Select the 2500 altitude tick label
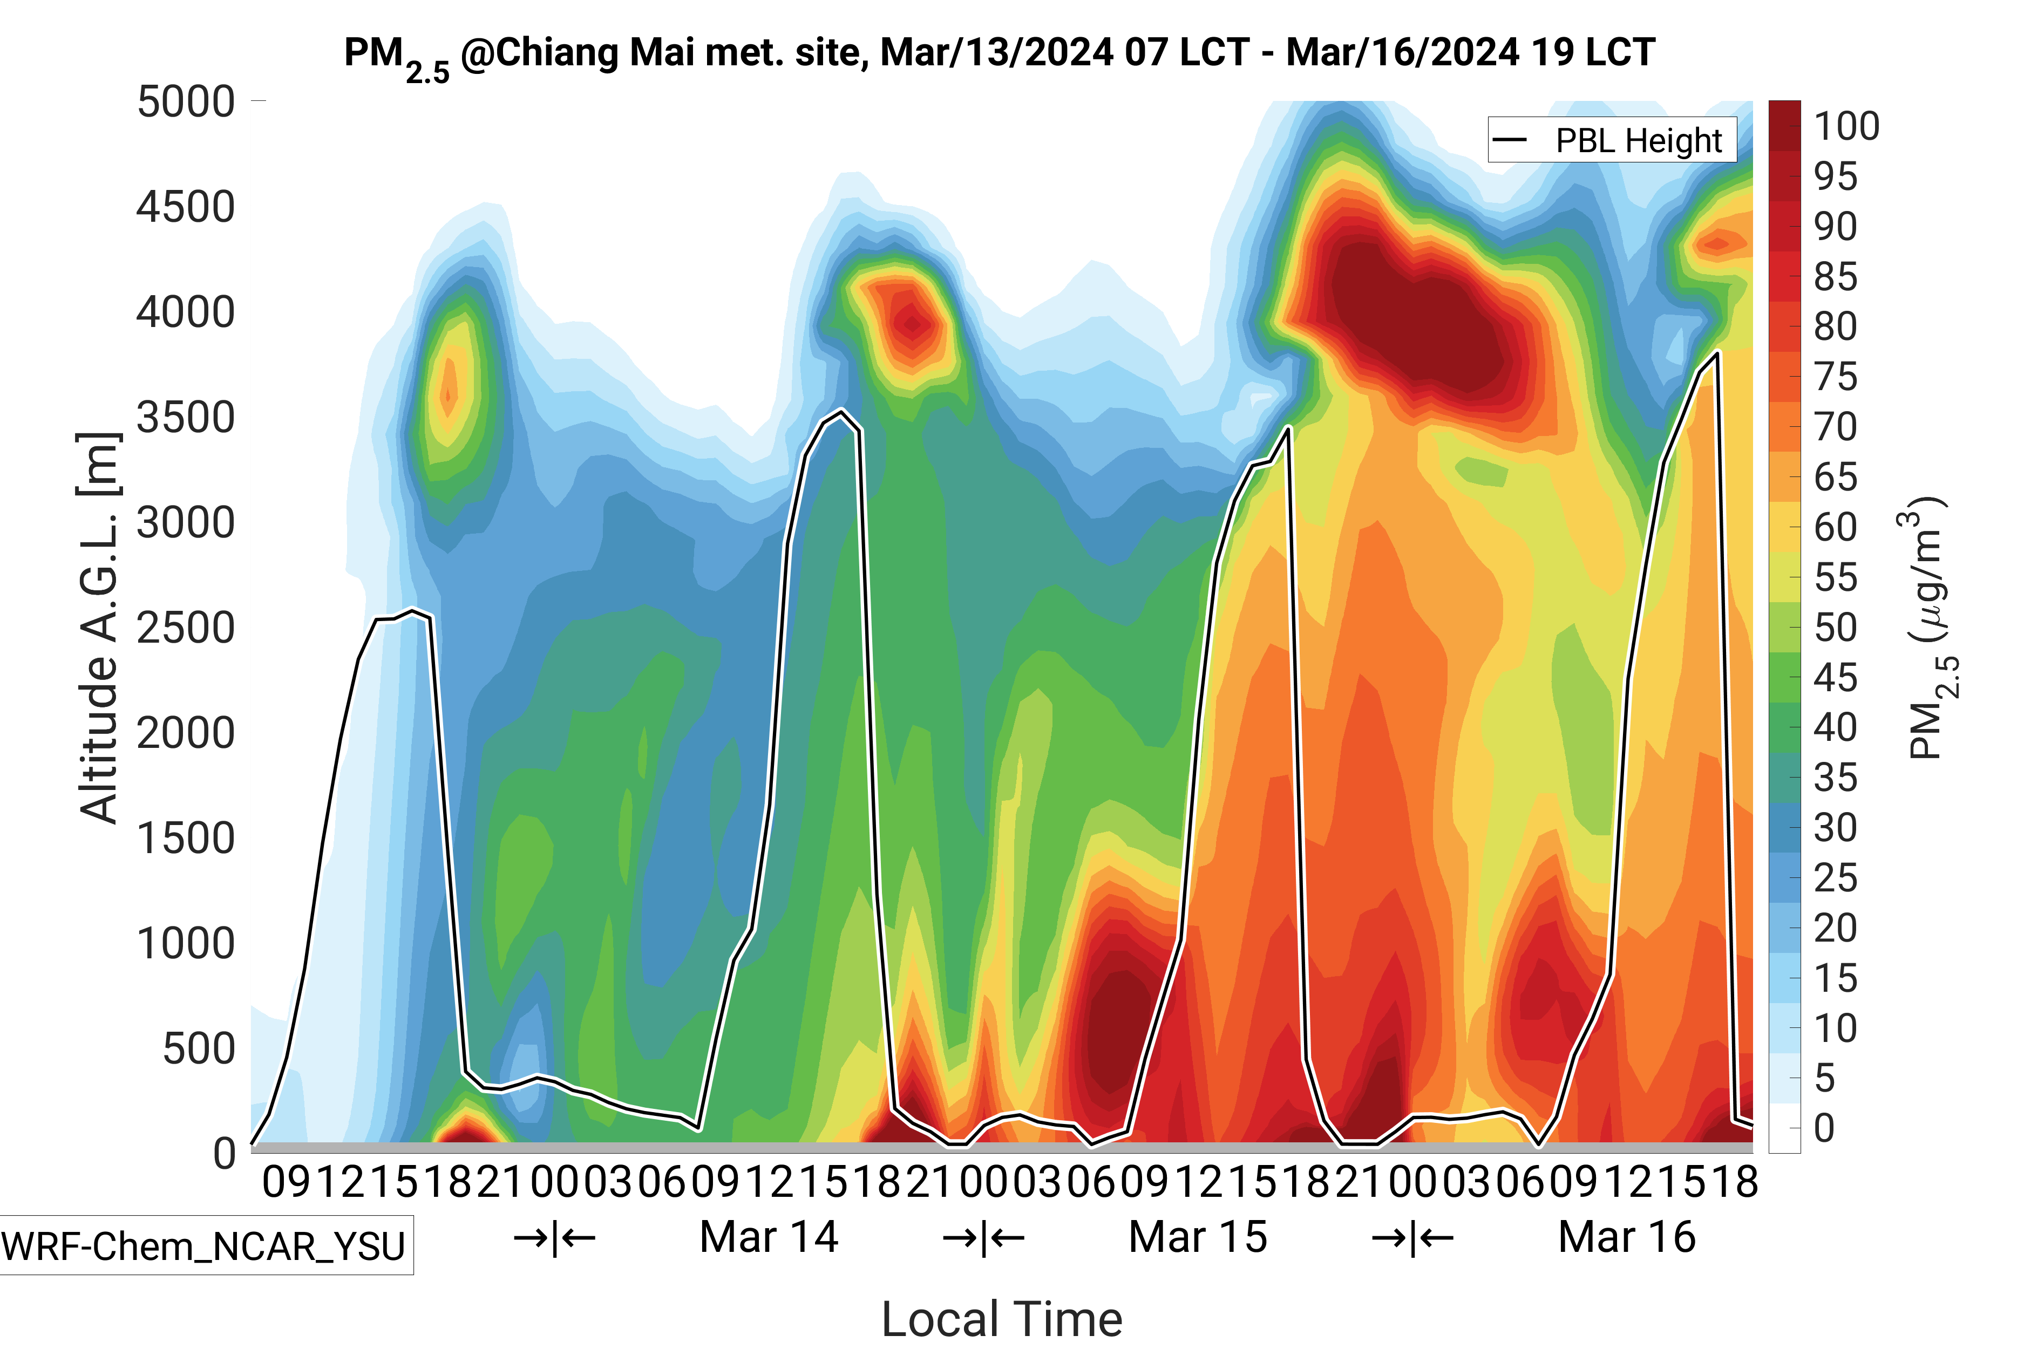click(x=186, y=628)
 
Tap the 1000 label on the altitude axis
click(x=186, y=944)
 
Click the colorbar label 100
click(x=1846, y=126)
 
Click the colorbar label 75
click(x=1836, y=377)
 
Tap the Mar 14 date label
click(x=769, y=1237)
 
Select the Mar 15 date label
click(x=1198, y=1237)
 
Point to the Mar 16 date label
click(x=1626, y=1237)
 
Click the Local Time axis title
click(x=1002, y=1318)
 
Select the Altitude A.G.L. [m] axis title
click(x=98, y=628)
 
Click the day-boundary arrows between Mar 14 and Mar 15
click(x=983, y=1238)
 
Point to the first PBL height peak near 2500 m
click(x=413, y=612)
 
